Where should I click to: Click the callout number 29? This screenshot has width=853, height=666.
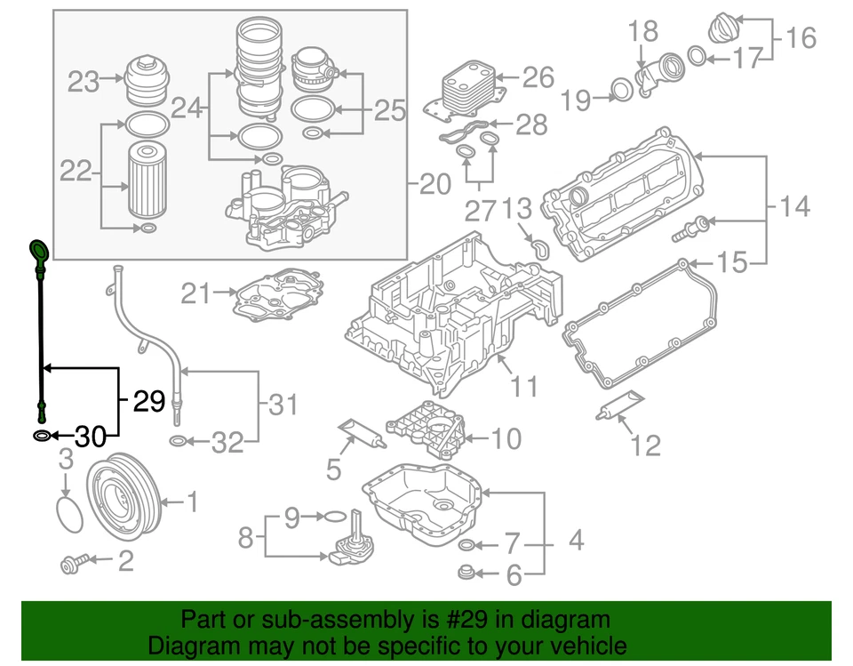(x=149, y=402)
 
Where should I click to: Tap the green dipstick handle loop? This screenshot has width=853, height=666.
(x=39, y=250)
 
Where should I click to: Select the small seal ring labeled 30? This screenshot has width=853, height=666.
(x=42, y=437)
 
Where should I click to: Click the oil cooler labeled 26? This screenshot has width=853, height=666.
(x=468, y=89)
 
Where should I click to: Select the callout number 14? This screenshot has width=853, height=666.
(x=794, y=207)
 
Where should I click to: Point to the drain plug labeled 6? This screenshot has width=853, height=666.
(x=466, y=570)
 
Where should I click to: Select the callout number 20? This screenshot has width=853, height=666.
(x=435, y=185)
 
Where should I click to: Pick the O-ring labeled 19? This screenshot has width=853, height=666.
(x=621, y=88)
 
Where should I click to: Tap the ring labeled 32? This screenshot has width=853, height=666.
(x=177, y=442)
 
